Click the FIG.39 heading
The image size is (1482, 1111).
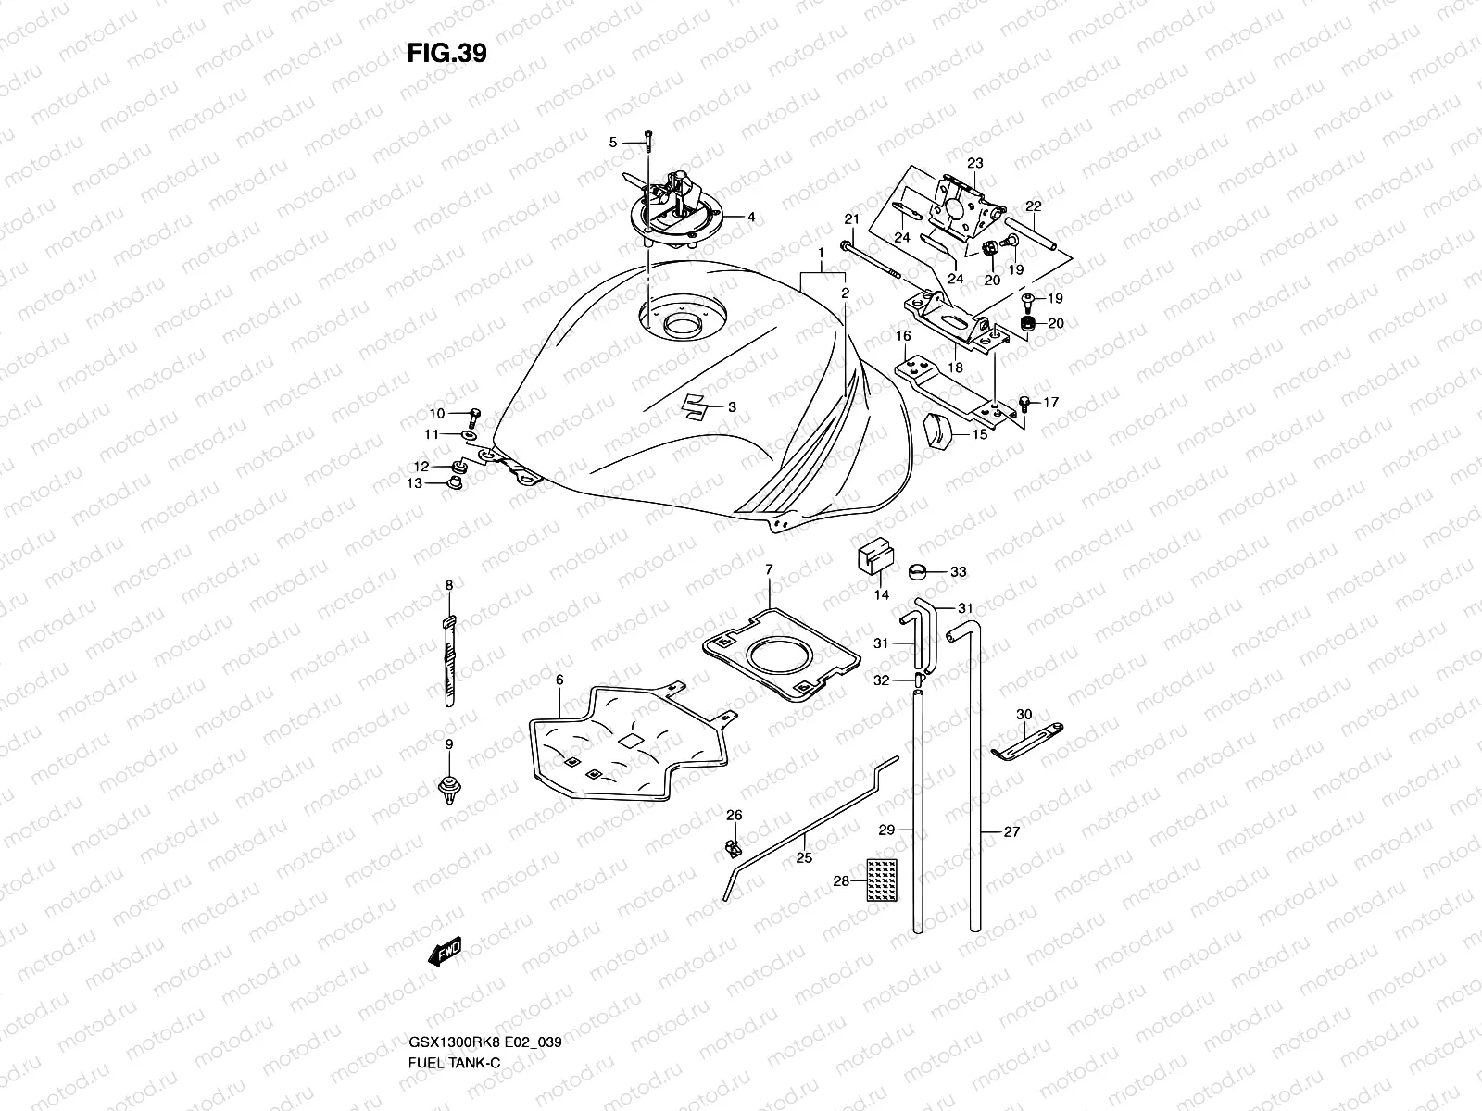coord(446,53)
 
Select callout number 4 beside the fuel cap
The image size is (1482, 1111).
coord(751,218)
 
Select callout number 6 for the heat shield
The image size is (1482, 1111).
coord(559,680)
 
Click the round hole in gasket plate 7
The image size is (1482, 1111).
coord(775,658)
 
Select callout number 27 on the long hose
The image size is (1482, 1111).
coord(1011,831)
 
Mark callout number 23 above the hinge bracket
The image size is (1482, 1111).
coord(974,163)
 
